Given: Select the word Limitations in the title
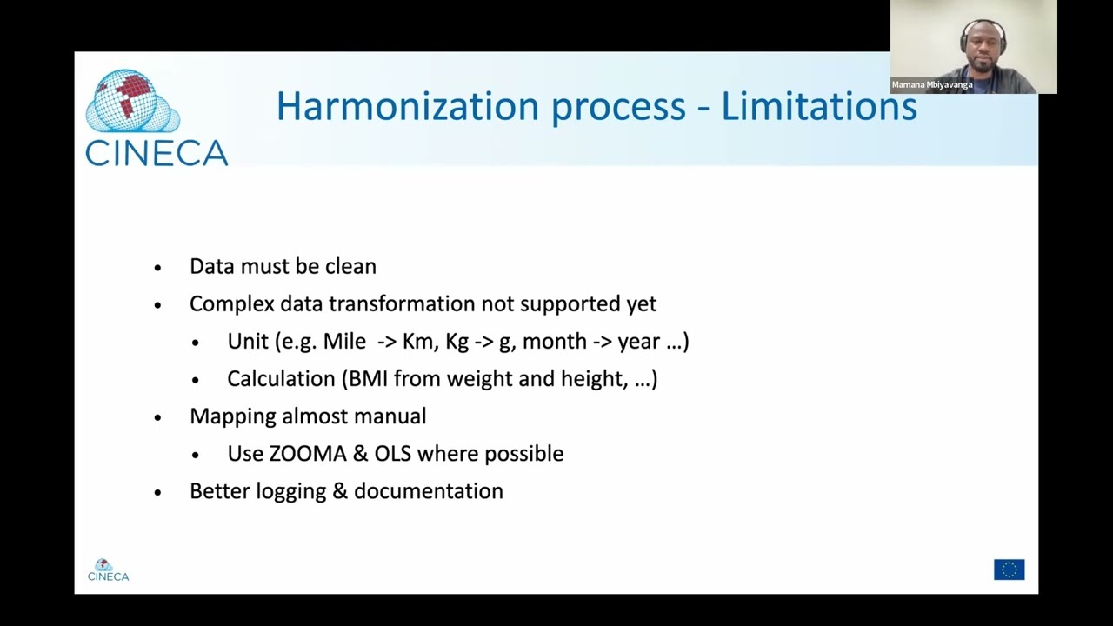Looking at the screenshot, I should click(x=819, y=107).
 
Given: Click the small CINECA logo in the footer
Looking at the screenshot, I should click(x=108, y=570).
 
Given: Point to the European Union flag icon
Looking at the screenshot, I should click(x=1009, y=569).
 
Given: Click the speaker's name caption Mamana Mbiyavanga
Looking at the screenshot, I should click(x=932, y=84).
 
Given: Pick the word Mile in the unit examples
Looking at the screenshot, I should click(x=344, y=341).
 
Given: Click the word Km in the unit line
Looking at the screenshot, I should click(x=418, y=341).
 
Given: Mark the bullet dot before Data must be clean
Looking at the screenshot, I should click(x=157, y=268).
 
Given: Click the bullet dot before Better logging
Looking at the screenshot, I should click(x=157, y=492).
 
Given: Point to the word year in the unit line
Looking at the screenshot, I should click(x=639, y=341).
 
